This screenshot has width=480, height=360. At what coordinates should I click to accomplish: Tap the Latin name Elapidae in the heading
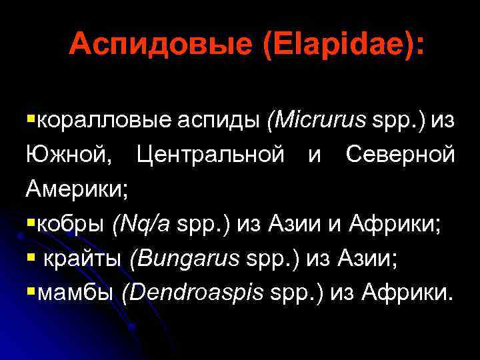335,45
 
